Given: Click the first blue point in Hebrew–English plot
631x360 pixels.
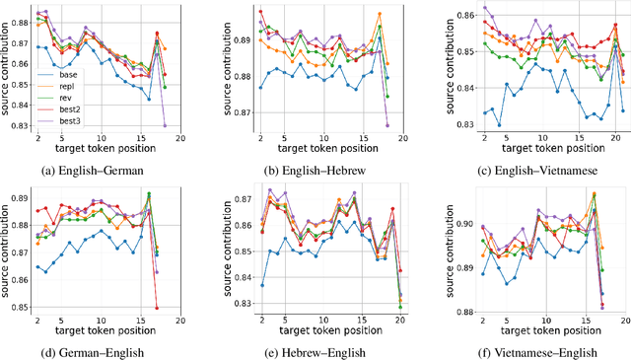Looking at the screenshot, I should click(261, 285).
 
